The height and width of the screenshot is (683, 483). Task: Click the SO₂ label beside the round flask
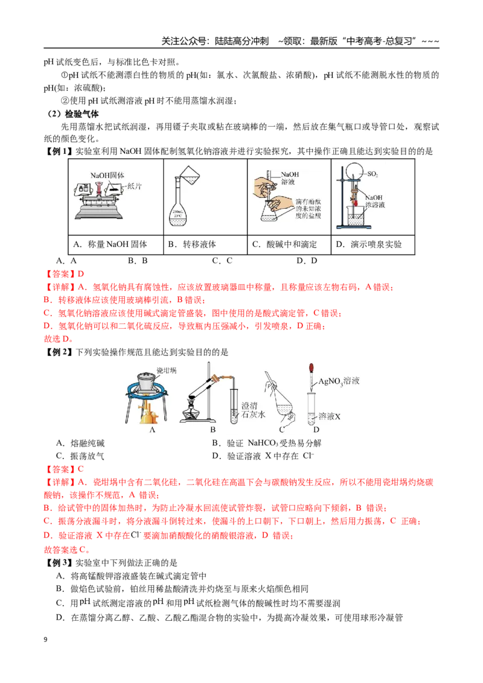click(373, 174)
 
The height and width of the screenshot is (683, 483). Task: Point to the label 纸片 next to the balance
click(134, 186)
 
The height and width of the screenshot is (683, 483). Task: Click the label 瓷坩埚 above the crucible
click(167, 370)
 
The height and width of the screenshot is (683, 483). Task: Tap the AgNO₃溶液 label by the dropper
click(339, 381)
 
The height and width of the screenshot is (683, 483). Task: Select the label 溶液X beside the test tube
click(330, 416)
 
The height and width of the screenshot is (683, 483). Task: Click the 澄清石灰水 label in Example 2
click(253, 410)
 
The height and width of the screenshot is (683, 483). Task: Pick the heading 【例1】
click(59, 151)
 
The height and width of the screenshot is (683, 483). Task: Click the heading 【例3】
click(59, 563)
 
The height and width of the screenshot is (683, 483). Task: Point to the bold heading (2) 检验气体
click(73, 114)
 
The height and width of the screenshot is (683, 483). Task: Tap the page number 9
click(45, 640)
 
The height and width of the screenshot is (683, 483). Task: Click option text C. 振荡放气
click(80, 456)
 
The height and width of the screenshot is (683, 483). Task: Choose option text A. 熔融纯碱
click(80, 443)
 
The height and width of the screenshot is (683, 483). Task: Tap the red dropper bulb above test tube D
click(311, 369)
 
